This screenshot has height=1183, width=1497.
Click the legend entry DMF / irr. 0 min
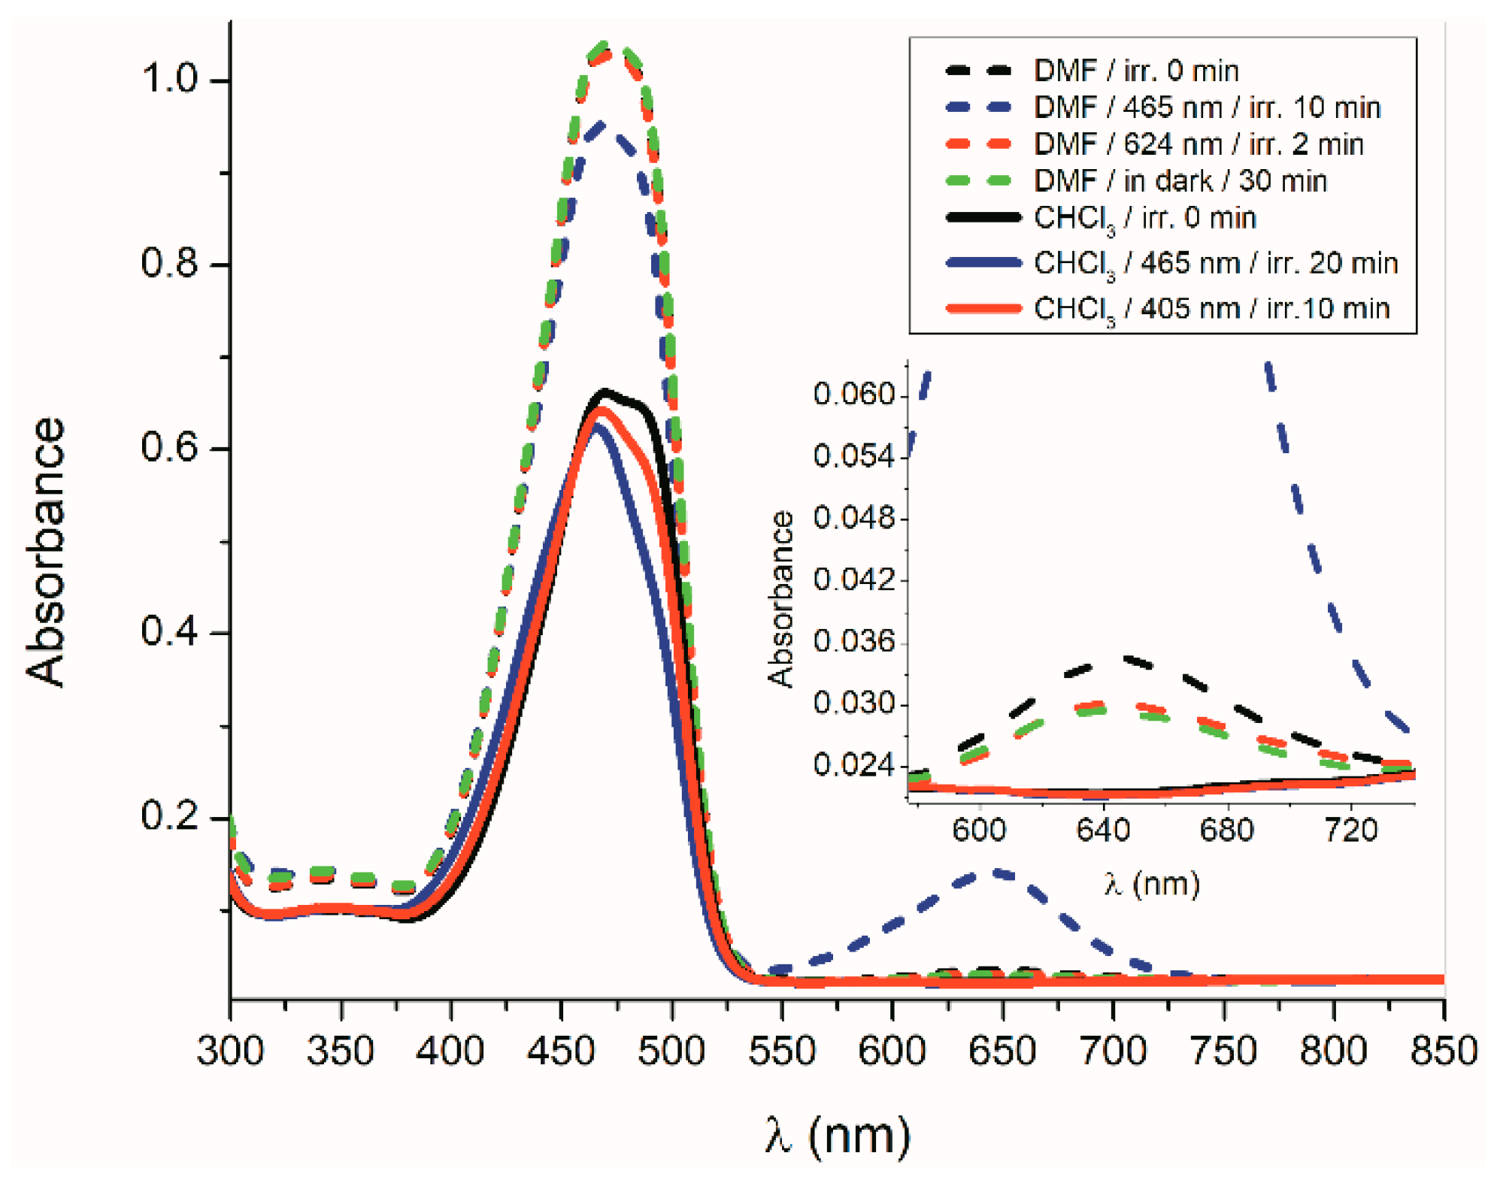pos(1135,71)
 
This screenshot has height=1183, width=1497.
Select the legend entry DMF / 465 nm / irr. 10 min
pos(1206,107)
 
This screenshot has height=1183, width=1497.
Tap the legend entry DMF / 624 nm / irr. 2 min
pos(1198,144)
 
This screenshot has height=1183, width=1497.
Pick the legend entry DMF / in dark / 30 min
pos(1180,181)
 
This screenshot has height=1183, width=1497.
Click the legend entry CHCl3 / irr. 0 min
pos(1144,219)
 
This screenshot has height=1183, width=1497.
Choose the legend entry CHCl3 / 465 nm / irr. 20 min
pos(1215,264)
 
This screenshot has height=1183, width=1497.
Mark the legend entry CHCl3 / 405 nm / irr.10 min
pos(1211,309)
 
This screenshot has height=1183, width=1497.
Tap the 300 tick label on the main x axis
pos(230,1050)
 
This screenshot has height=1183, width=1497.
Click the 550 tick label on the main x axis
pos(781,1050)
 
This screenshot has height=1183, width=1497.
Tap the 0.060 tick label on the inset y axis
pos(855,394)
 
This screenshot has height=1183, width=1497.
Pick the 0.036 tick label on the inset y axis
pos(855,641)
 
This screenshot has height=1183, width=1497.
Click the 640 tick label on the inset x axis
pos(1103,831)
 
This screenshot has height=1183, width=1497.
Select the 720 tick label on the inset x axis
pos(1350,831)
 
